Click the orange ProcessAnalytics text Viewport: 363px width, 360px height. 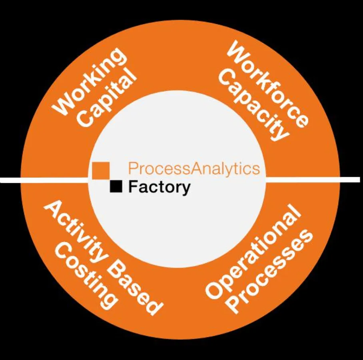coord(194,168)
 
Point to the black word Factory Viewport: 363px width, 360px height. coord(159,187)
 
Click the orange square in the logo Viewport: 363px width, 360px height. coord(101,170)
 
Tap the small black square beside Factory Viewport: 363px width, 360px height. coord(116,186)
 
